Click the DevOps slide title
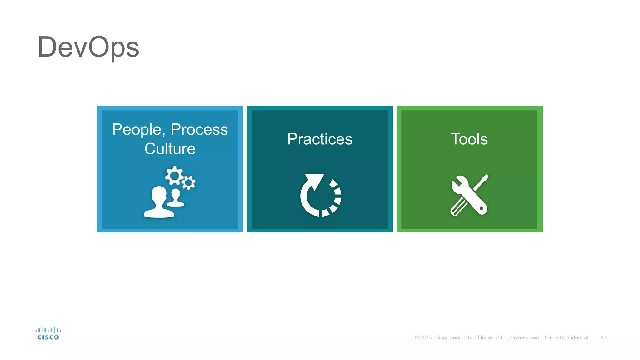click(88, 47)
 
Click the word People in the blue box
click(137, 130)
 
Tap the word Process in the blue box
click(199, 130)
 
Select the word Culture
click(170, 148)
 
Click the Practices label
click(320, 139)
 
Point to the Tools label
click(469, 139)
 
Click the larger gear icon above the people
click(174, 176)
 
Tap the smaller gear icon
click(188, 183)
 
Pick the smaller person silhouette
click(176, 198)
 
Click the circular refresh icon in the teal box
click(320, 196)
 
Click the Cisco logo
click(48, 333)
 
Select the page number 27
click(603, 337)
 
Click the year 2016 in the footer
click(426, 337)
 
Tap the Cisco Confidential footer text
click(566, 337)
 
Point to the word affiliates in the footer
click(483, 337)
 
